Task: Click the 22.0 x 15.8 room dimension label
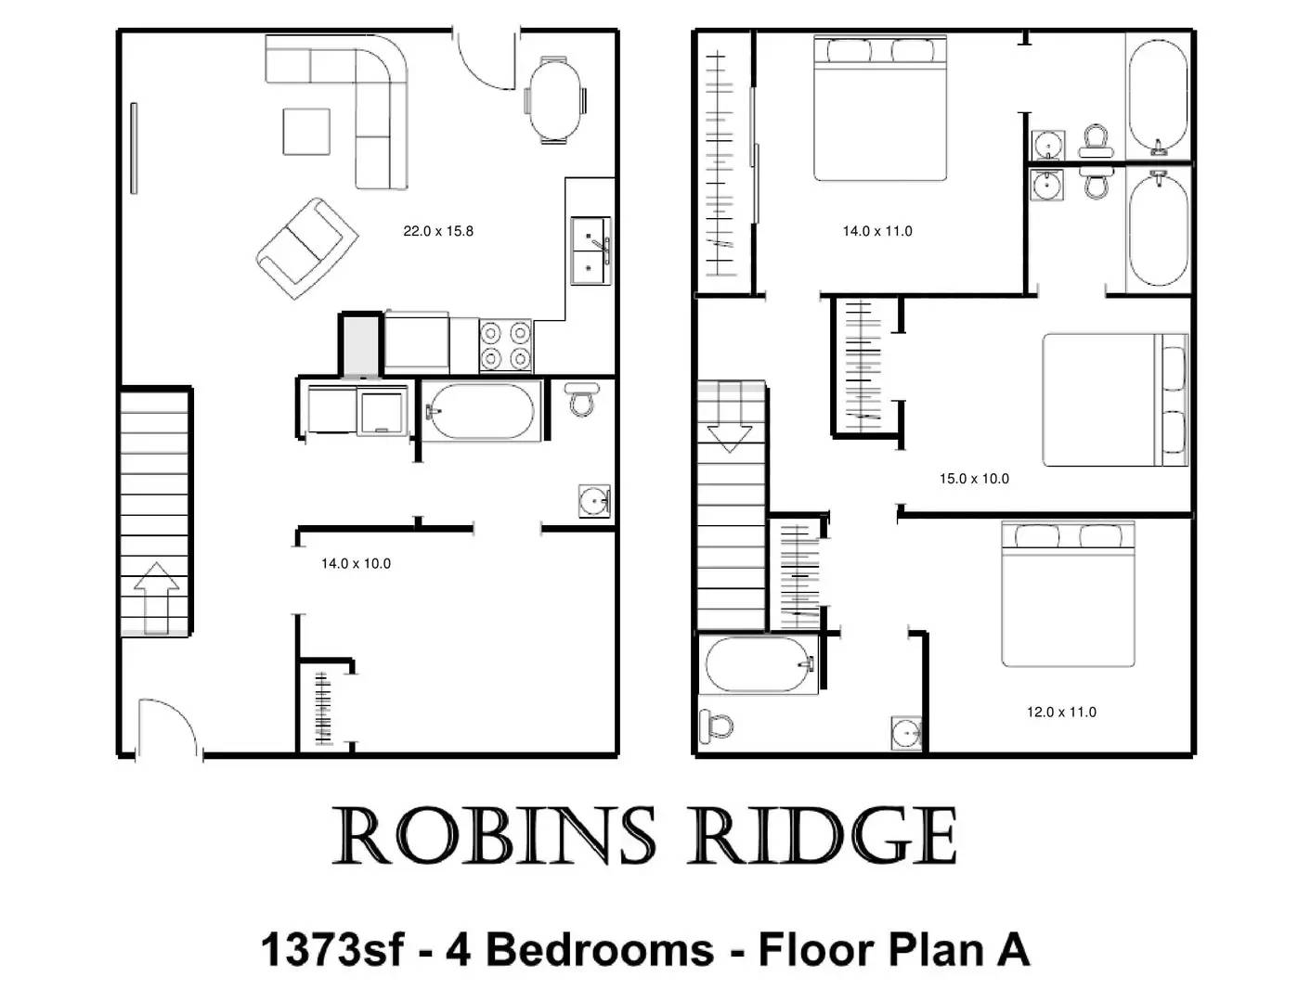click(x=437, y=231)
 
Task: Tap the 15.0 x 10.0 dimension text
click(x=974, y=479)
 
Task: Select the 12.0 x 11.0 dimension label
click(x=1061, y=713)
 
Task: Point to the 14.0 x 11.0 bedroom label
click(x=877, y=231)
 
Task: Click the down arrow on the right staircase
click(x=730, y=427)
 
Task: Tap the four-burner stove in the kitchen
click(x=506, y=346)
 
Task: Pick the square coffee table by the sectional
click(x=306, y=132)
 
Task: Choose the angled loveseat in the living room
click(x=307, y=248)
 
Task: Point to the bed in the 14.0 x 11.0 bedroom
click(x=880, y=109)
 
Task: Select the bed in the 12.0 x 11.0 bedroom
click(x=1068, y=595)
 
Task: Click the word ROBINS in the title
click(x=492, y=837)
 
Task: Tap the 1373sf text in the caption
click(x=332, y=950)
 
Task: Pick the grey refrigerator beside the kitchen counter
click(x=360, y=346)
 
